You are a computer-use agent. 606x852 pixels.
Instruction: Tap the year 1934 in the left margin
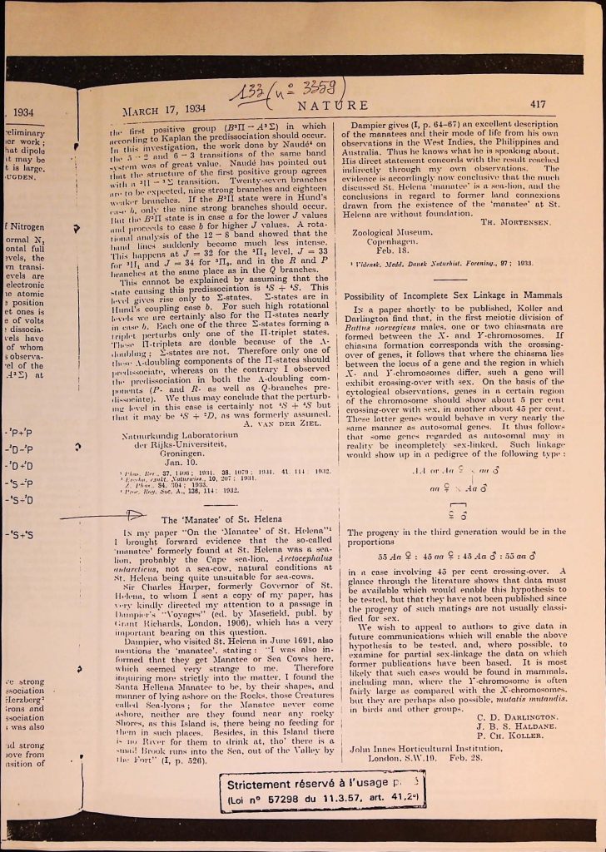click(x=23, y=112)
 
